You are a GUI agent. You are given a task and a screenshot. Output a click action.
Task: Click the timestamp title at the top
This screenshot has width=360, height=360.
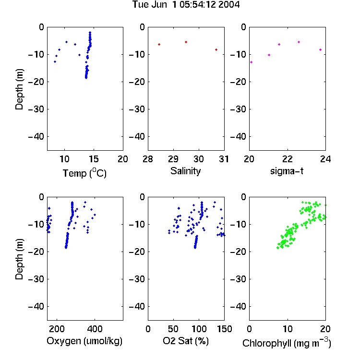[186, 4]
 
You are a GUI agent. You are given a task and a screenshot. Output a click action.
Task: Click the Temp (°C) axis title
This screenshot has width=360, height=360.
[84, 173]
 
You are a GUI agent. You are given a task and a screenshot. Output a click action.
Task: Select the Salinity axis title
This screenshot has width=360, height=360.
[185, 171]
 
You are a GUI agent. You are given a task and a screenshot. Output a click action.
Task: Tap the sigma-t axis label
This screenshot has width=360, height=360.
[287, 171]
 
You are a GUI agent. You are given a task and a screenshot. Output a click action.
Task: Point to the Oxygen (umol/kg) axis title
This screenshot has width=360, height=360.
[84, 341]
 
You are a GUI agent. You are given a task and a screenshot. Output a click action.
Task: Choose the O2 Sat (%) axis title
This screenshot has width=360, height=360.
[186, 341]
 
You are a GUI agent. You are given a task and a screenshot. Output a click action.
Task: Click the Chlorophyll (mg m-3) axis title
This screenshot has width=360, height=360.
[287, 343]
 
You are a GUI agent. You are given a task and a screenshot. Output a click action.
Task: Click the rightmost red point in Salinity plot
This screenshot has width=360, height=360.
[216, 49]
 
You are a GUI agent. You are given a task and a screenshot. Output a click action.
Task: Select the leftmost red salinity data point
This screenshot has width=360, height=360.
[159, 44]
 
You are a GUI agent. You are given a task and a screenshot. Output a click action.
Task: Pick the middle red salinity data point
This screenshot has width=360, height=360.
[186, 42]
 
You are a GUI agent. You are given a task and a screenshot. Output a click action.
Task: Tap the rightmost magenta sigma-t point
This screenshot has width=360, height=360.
[320, 49]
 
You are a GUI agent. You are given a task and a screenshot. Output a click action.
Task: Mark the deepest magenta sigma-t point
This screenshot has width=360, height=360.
[252, 62]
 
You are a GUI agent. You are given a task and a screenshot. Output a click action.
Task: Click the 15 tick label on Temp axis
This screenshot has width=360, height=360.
[94, 159]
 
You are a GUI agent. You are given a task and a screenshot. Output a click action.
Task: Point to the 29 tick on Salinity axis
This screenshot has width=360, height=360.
[173, 159]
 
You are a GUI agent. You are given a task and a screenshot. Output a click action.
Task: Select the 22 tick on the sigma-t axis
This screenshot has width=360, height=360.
[287, 159]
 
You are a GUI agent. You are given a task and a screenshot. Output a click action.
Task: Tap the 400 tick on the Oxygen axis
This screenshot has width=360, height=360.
[95, 329]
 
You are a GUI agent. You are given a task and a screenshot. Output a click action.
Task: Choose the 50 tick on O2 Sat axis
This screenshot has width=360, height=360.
[173, 329]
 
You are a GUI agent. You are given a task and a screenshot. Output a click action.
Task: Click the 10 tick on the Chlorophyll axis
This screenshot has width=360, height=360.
[287, 329]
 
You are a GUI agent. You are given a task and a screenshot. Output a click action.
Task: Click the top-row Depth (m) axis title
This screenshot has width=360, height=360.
[19, 89]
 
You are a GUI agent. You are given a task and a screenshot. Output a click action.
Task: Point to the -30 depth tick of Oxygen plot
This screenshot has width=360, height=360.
[36, 279]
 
